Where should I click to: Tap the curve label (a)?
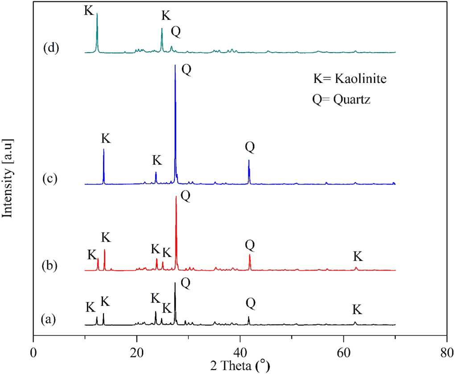[49, 319]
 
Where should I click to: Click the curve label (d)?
[51, 47]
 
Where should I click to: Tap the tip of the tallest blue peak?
[175, 65]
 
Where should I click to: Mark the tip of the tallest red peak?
[176, 197]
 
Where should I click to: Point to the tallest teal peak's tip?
[97, 13]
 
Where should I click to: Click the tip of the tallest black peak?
[175, 283]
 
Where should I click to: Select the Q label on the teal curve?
[176, 32]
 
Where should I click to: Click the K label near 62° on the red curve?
[358, 256]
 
